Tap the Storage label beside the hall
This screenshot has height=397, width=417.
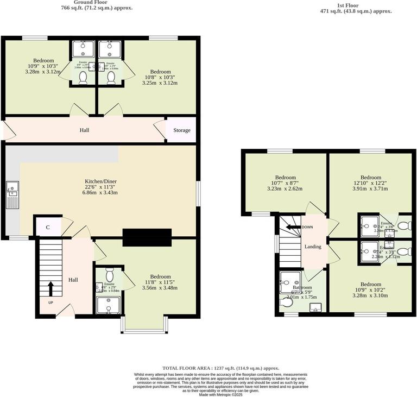click(182, 130)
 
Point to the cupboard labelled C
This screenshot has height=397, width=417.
click(48, 227)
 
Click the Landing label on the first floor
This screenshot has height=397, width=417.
click(313, 247)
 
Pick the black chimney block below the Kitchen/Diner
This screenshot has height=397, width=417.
click(147, 237)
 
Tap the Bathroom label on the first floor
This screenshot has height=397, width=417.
click(302, 288)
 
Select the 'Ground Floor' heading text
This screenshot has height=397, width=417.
click(97, 2)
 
